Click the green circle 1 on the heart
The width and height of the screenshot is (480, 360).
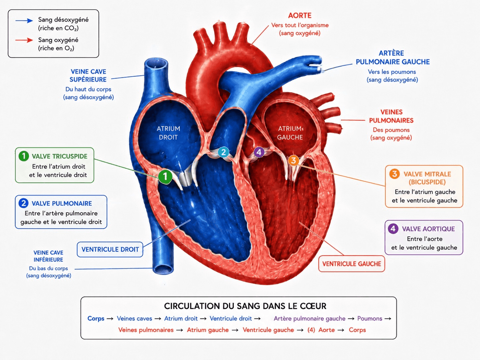165,176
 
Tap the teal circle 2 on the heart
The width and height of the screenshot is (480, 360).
223,152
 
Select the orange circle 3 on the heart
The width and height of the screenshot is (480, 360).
293,160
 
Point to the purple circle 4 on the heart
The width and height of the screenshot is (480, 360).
259,152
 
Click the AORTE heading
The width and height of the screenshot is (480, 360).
300,15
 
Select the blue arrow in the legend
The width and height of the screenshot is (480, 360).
24,21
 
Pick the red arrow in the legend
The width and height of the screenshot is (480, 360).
24,40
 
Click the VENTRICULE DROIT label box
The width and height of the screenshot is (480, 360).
110,249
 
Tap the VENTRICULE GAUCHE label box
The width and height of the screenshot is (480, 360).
352,264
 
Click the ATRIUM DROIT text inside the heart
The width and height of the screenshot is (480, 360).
168,133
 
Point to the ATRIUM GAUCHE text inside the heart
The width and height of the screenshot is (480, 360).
290,133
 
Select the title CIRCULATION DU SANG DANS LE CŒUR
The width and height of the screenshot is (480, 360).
245,306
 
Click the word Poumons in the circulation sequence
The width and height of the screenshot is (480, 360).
370,319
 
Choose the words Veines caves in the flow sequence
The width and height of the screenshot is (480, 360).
134,319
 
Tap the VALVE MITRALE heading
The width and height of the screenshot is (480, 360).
427,174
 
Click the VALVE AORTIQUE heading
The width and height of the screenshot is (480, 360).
428,229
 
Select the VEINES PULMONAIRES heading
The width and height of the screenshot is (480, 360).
391,116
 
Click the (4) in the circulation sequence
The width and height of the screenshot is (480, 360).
311,330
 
